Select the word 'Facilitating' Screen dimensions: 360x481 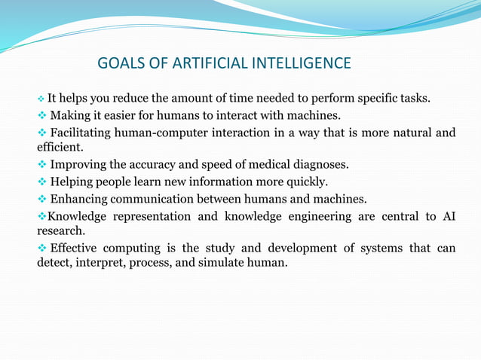click(x=84, y=133)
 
